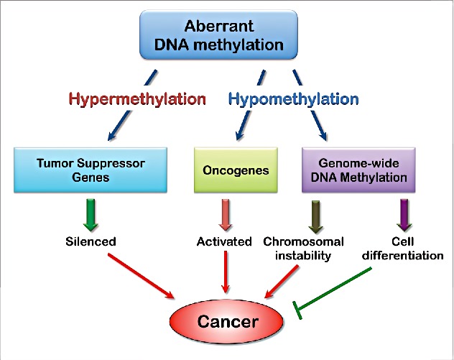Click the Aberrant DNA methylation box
click(218, 34)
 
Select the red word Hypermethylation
click(137, 99)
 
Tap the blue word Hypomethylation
click(294, 99)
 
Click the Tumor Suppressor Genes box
click(91, 170)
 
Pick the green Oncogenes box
click(236, 170)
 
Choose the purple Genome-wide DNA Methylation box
click(358, 170)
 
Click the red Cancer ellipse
click(227, 321)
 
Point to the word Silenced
click(91, 241)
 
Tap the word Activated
click(224, 241)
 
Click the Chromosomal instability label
click(303, 249)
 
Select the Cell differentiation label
click(403, 249)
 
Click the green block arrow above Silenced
click(91, 215)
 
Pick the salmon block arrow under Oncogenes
click(226, 215)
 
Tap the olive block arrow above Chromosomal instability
click(315, 216)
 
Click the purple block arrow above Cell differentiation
click(404, 215)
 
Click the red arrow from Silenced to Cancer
click(141, 276)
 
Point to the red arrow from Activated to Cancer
click(226, 272)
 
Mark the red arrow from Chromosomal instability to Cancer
click(282, 282)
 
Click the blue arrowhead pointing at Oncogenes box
click(240, 134)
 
